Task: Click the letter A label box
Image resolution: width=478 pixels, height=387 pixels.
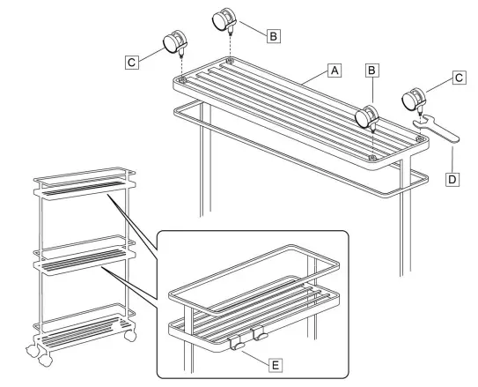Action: coord(335,71)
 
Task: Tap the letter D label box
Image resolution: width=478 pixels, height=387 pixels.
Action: coord(452,179)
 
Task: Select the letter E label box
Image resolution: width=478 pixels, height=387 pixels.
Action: coord(276,365)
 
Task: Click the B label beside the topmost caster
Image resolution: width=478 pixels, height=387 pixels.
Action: coord(274,36)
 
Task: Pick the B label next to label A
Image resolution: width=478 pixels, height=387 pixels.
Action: coord(371,71)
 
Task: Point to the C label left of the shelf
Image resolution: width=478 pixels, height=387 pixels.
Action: coord(132,63)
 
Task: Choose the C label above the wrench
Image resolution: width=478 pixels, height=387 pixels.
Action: coord(459,78)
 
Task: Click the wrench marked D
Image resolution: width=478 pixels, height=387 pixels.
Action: coord(436,129)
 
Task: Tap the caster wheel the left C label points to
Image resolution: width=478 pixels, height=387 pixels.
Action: coord(175,43)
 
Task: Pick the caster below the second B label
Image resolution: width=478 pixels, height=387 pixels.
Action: coord(367,117)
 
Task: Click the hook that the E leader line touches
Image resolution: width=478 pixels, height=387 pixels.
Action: coord(236,344)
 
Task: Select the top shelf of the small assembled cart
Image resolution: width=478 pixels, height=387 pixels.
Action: coord(85,183)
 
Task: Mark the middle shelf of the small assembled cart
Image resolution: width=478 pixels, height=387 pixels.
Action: coord(85,256)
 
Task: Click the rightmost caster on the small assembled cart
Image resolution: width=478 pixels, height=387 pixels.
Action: coord(130,335)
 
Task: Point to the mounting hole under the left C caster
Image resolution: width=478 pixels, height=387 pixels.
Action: coord(182,80)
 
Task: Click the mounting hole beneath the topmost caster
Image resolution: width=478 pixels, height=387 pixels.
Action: coord(230,61)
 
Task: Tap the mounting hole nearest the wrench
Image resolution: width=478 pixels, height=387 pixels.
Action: coord(420,139)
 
